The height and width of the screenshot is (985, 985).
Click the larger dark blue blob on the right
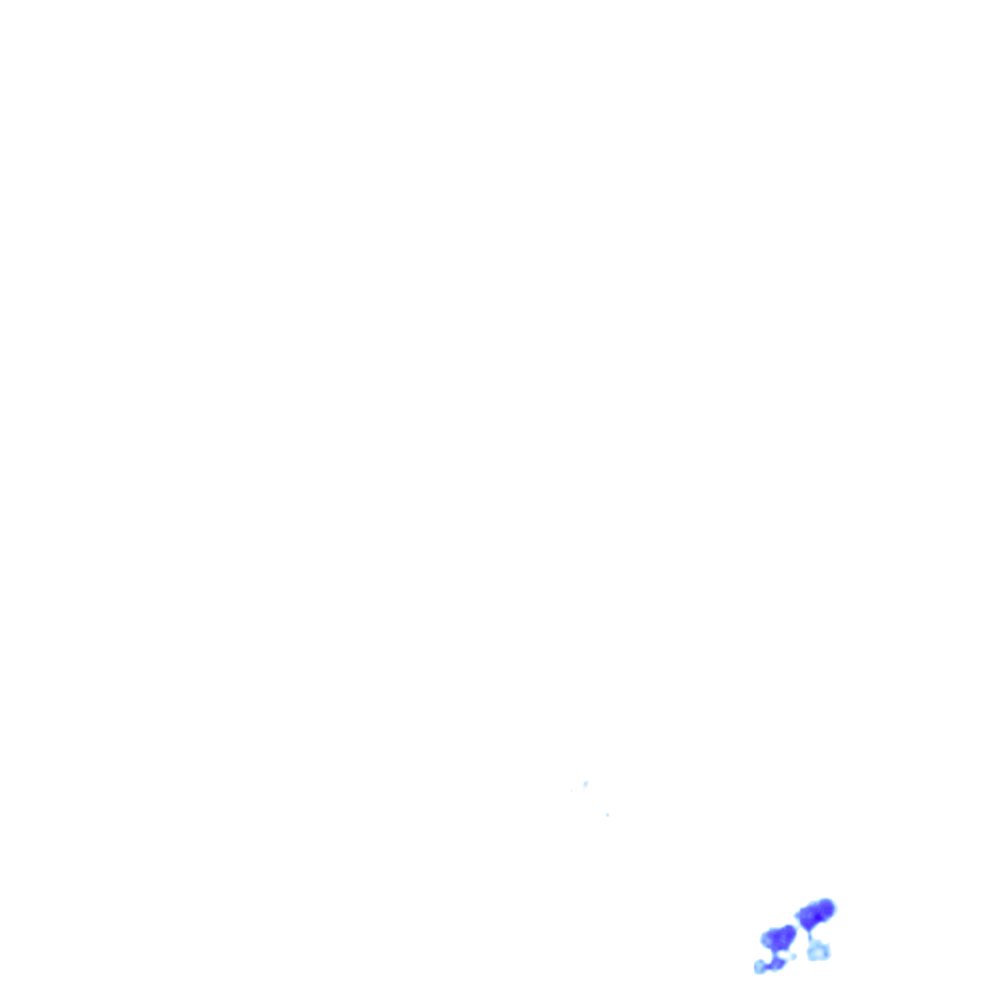pos(815,914)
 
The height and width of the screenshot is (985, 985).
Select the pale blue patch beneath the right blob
pos(818,951)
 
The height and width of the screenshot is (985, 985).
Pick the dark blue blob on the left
pos(778,938)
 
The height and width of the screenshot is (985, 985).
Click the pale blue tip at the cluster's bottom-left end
pos(760,967)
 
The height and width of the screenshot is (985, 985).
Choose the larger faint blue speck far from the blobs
pos(585,785)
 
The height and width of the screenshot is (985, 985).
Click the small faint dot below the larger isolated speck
pos(607,815)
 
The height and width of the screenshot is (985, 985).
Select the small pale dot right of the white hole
pos(794,956)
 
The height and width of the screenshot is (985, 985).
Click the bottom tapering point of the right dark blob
pos(810,929)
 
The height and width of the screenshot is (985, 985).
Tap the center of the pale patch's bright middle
pos(818,952)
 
